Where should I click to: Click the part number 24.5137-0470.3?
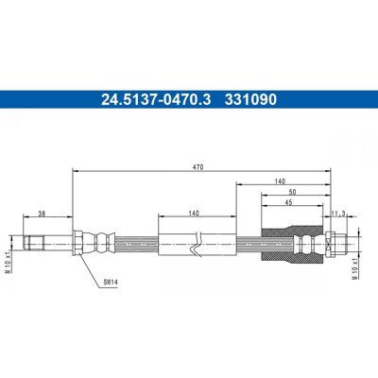tap(156, 99)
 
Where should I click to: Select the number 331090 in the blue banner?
tap(250, 99)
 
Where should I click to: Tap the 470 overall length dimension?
tap(199, 167)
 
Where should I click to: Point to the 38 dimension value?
tap(42, 214)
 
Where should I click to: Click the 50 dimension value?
tap(292, 192)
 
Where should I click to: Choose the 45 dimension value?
tap(288, 202)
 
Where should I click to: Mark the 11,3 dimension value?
tap(339, 214)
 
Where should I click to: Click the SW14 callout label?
tap(111, 283)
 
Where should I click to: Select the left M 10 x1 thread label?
tap(9, 263)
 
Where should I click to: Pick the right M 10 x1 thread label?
tap(354, 268)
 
